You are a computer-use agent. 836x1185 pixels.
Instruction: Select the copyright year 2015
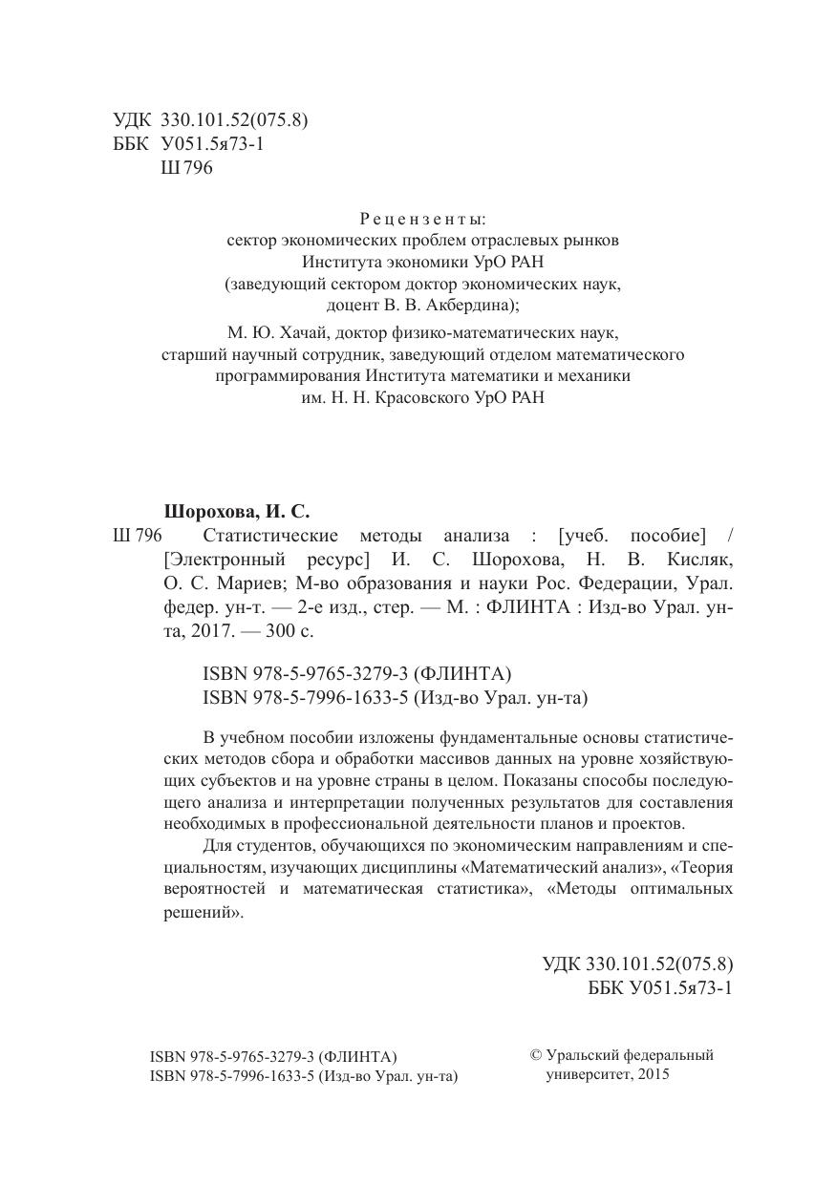tap(651, 1074)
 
